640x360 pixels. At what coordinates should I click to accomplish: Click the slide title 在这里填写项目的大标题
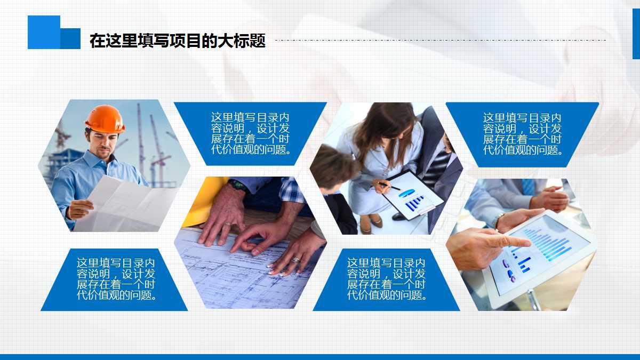tap(177, 41)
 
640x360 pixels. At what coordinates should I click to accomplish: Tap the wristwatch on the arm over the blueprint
tap(237, 185)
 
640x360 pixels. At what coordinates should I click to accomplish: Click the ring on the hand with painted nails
tap(295, 260)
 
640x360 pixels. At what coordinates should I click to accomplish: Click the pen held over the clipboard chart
tap(388, 186)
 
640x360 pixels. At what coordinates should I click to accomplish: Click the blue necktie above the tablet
tap(528, 186)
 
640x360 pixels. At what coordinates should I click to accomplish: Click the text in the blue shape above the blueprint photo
tap(251, 133)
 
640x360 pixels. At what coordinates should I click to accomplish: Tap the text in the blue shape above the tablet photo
tap(523, 134)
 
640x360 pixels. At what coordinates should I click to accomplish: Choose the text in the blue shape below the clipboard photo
tap(387, 279)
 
